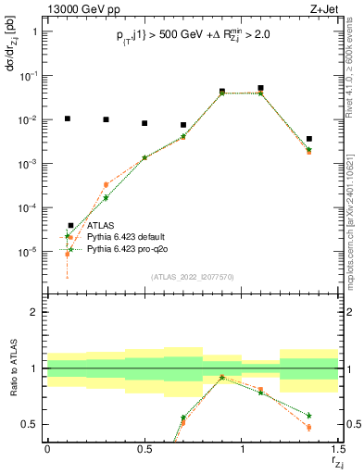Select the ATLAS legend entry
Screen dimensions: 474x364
click(102, 225)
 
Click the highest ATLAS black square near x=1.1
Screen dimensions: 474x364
click(261, 88)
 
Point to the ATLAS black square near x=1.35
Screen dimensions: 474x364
click(309, 139)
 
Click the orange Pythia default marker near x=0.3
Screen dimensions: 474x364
click(106, 184)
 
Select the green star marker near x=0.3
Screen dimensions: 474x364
click(106, 197)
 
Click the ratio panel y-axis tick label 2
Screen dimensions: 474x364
click(33, 312)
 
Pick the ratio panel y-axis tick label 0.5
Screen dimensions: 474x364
click(30, 424)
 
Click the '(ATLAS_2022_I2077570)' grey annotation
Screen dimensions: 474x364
click(194, 276)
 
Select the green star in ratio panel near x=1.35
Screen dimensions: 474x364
click(309, 416)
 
